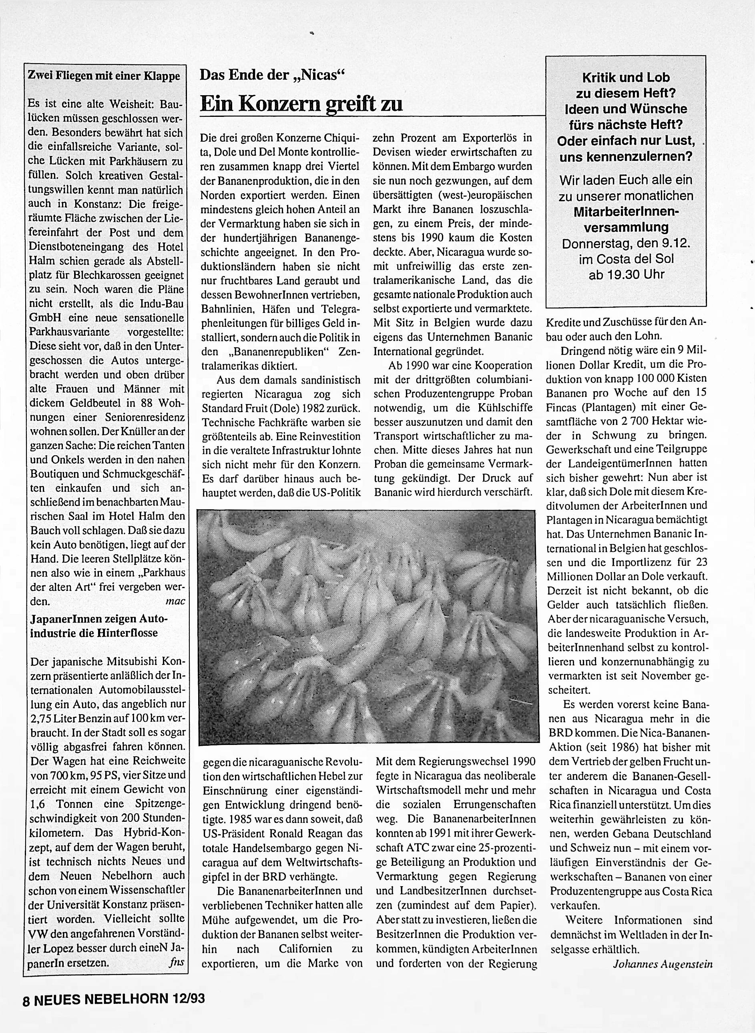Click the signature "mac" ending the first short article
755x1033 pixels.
tap(175, 601)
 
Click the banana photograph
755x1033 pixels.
tap(367, 627)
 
